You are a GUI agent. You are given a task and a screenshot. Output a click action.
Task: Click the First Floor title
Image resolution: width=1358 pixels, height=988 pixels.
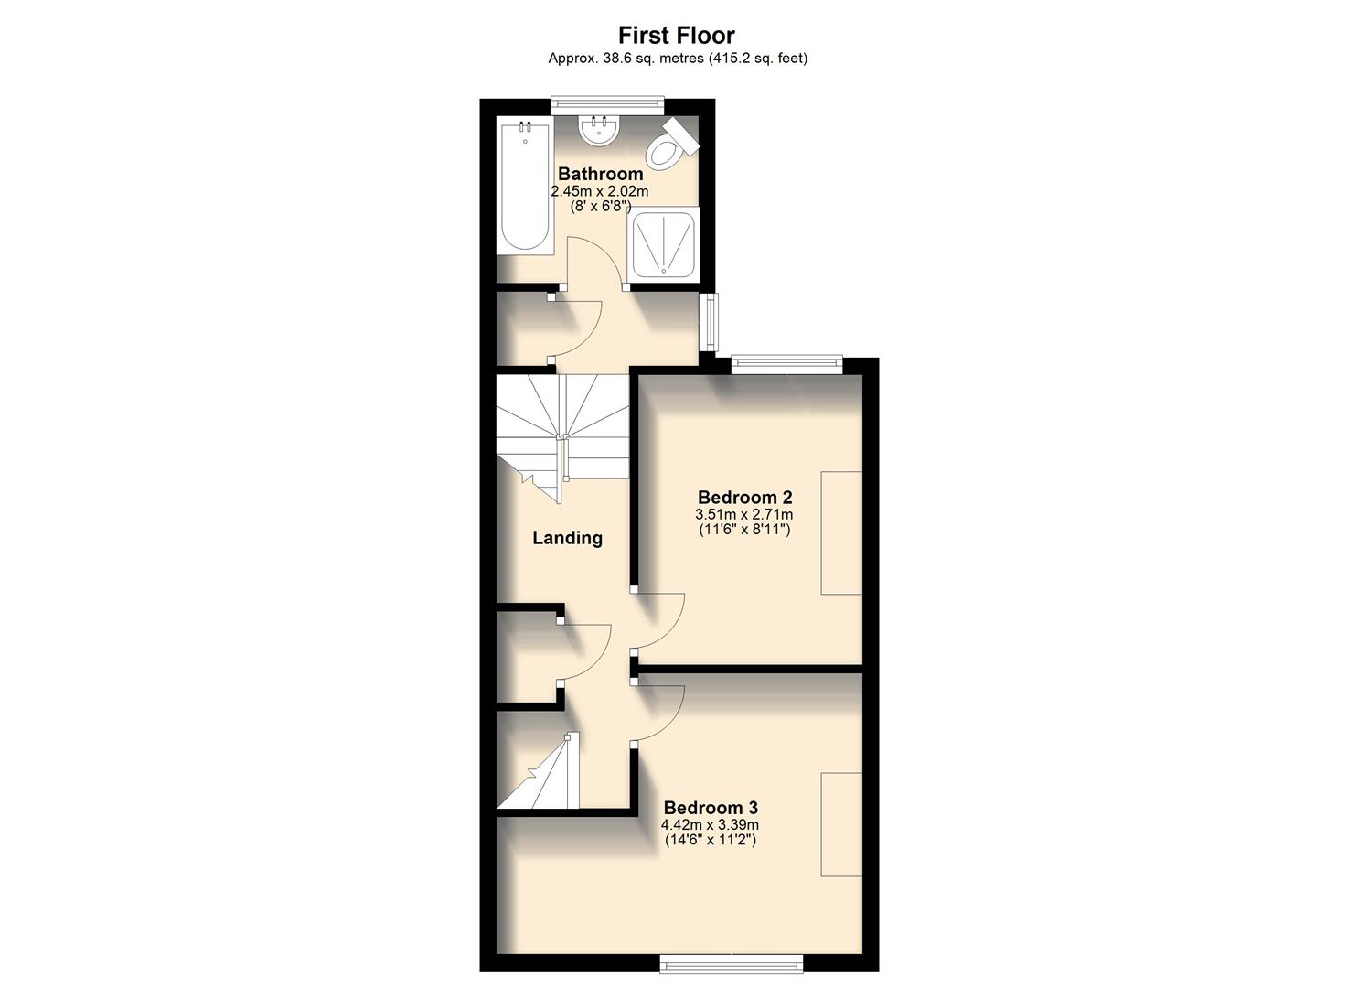(x=677, y=36)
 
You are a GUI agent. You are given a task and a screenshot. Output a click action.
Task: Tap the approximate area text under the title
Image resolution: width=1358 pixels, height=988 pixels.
(x=677, y=59)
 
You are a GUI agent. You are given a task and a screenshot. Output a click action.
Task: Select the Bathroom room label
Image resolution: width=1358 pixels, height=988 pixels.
(x=600, y=174)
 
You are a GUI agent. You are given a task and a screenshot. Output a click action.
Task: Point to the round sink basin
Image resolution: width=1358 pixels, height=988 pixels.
(x=599, y=130)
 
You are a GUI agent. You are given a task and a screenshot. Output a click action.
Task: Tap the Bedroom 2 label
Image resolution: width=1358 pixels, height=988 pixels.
(x=744, y=498)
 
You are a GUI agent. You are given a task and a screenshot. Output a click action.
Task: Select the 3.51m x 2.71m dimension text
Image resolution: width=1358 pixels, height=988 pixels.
(x=744, y=514)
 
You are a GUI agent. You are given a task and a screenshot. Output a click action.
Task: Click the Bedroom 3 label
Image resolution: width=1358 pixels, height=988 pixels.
(x=711, y=808)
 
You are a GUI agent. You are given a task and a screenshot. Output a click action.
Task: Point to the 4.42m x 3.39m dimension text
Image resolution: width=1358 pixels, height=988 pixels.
(x=711, y=824)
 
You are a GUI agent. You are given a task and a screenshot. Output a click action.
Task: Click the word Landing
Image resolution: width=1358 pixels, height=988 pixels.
(x=567, y=538)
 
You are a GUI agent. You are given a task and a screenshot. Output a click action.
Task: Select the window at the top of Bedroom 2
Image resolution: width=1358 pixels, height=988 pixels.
(x=786, y=364)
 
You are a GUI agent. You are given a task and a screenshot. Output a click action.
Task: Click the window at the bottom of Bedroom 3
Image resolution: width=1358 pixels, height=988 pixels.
(x=732, y=962)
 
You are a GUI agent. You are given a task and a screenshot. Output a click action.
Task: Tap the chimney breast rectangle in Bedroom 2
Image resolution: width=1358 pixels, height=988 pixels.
(x=841, y=533)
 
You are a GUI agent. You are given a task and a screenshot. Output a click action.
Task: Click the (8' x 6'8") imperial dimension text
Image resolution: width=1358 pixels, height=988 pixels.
(x=600, y=207)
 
